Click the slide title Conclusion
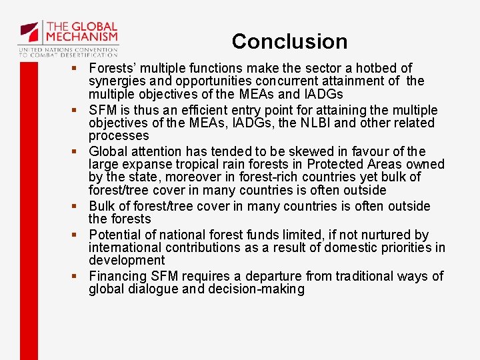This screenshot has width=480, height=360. (x=289, y=41)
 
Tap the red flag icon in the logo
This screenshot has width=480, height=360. (x=29, y=31)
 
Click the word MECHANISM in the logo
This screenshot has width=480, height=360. (x=82, y=37)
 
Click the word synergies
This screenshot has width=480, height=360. (x=117, y=81)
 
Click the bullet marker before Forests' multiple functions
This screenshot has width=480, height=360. (x=78, y=69)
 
